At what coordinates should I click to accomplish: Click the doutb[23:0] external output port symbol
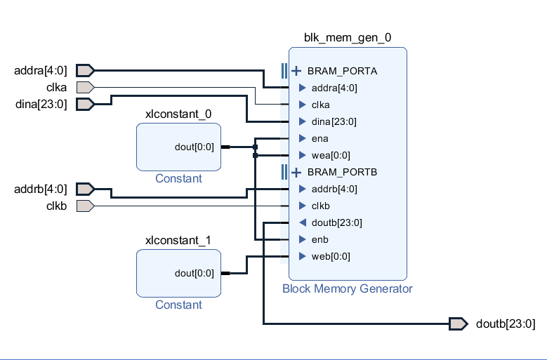click(458, 324)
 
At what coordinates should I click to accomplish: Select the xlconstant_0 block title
click(178, 114)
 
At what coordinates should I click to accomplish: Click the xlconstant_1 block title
click(178, 240)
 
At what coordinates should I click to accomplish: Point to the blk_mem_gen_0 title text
click(347, 38)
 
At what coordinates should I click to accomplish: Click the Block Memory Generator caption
click(347, 288)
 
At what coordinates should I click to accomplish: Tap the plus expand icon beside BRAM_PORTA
click(296, 71)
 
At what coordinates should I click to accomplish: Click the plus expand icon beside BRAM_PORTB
click(296, 172)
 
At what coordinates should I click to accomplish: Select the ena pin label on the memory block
click(319, 138)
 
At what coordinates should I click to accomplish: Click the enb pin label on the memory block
click(319, 239)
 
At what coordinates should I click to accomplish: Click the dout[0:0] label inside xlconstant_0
click(194, 147)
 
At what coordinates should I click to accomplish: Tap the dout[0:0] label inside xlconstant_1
click(194, 273)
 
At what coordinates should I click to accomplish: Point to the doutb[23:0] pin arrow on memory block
click(302, 222)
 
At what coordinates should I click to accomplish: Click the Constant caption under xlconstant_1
click(178, 305)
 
